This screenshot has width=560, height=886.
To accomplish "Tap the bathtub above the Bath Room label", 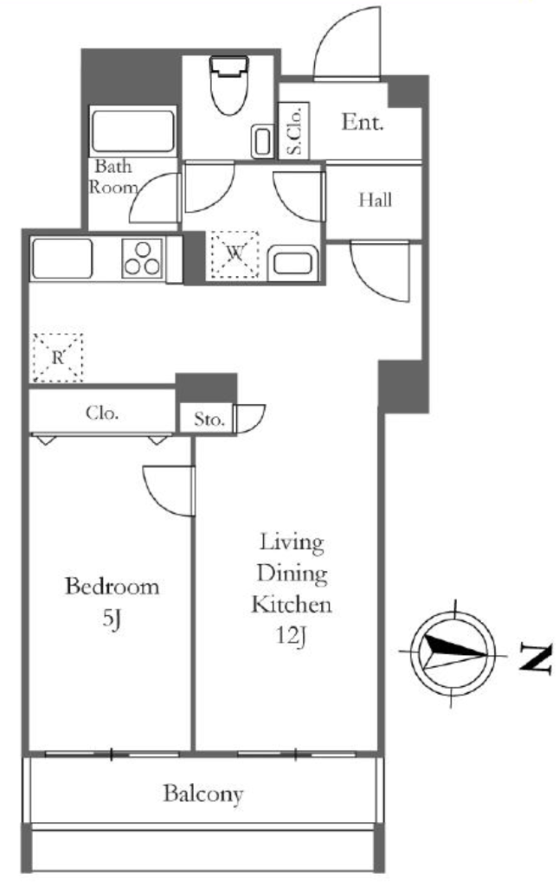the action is (133, 132).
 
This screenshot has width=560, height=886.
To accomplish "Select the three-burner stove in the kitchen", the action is (143, 258).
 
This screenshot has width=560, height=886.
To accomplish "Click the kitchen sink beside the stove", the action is (62, 258).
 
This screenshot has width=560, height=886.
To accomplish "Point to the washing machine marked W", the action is (235, 255).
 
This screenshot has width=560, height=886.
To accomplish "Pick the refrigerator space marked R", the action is (58, 357).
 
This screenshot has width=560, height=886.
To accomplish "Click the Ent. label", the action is (362, 122).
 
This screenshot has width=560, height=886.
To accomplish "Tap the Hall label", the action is (376, 200).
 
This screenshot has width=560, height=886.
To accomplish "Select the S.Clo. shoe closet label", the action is (295, 131).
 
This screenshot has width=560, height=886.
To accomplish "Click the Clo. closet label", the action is (102, 413).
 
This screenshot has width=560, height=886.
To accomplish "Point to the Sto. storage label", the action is (209, 420).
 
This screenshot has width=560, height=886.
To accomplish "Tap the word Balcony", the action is (203, 794).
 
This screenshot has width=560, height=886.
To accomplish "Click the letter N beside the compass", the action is (535, 658).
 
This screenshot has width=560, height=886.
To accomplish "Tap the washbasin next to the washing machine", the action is (293, 263).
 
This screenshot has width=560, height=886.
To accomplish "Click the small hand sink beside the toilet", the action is (262, 140).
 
